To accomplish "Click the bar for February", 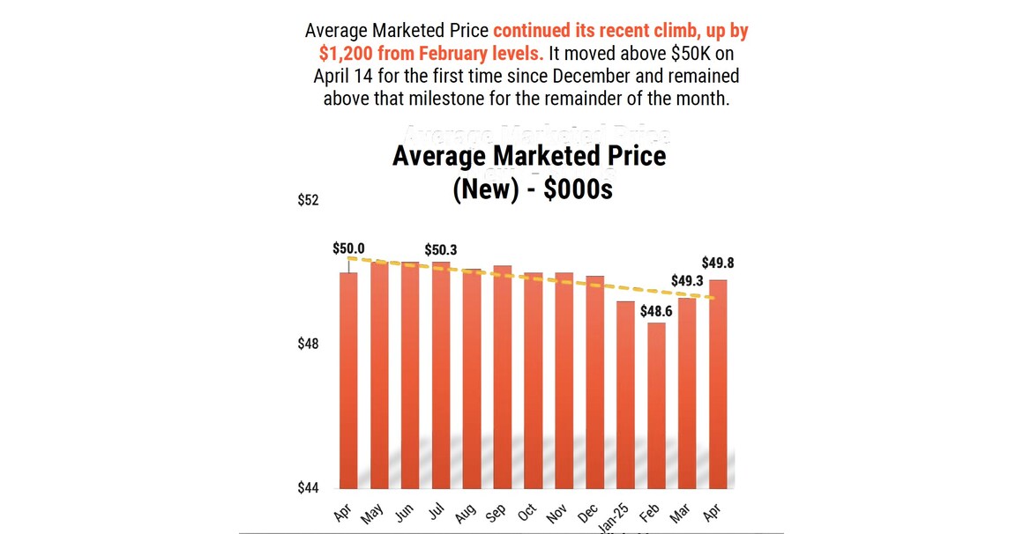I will (656, 405).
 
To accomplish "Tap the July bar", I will (441, 375).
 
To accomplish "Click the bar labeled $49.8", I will (718, 384).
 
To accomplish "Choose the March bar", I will (687, 393).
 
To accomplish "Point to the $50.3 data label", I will (441, 250).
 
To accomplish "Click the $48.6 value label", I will (657, 311).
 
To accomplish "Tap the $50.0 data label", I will (348, 248).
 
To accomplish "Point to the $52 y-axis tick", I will (308, 201).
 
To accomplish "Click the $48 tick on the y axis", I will (308, 344).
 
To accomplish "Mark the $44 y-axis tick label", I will (308, 487).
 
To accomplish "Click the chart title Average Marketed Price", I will (529, 156).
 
